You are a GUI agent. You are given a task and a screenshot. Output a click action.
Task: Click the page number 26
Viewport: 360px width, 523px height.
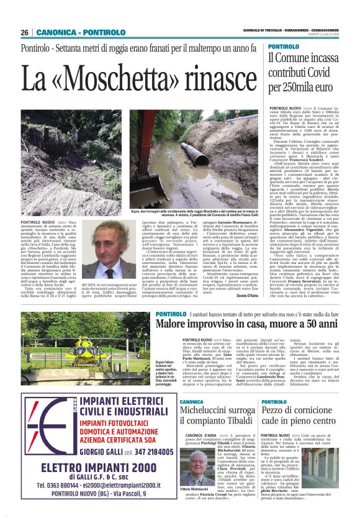tap(25, 32)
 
